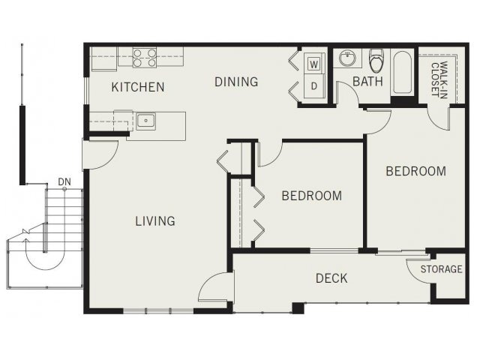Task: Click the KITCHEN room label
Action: (x=138, y=87)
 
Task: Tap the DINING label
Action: (x=236, y=82)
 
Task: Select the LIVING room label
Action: (x=155, y=220)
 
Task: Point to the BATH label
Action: (x=367, y=82)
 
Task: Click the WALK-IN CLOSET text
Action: (x=439, y=79)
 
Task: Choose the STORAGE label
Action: (x=441, y=269)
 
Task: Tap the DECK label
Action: (x=331, y=278)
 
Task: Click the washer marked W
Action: (x=313, y=64)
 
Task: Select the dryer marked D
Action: (x=313, y=87)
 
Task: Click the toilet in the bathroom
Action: (x=376, y=60)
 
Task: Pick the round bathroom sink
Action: (x=347, y=58)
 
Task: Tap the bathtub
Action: (x=402, y=72)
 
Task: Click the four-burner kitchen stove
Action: (x=145, y=58)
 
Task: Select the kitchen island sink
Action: (x=145, y=121)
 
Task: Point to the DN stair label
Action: (x=64, y=182)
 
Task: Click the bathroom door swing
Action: (x=348, y=91)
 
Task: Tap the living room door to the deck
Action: (x=215, y=286)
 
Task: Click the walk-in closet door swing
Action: (x=438, y=118)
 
